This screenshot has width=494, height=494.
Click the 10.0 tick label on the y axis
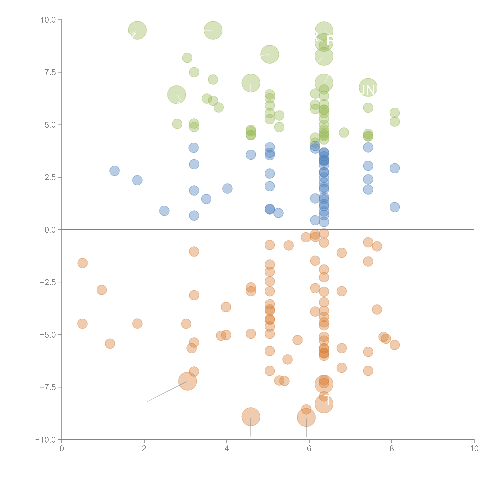pos(48,20)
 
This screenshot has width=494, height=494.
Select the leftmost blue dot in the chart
pos(115,171)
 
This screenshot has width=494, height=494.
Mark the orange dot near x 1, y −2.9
pos(102,290)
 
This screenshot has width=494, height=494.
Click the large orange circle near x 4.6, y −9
pos(251,417)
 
